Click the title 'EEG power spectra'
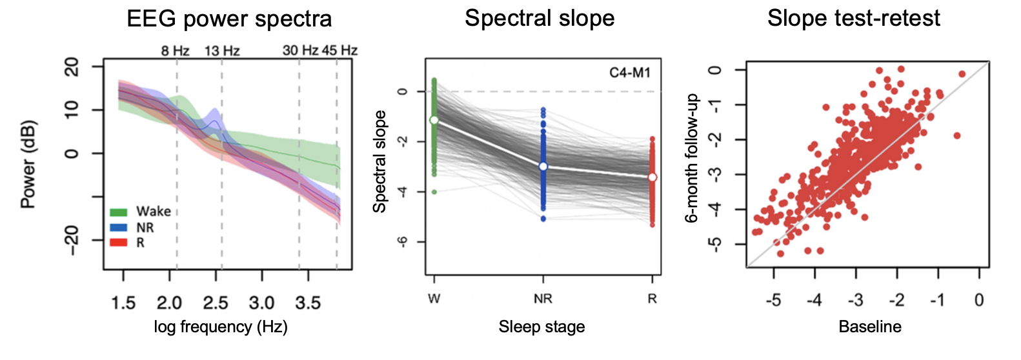pos(229,19)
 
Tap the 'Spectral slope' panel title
pos(540,18)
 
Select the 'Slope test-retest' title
pos(853,18)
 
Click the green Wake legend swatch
pos(119,212)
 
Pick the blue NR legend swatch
pos(119,227)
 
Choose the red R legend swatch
pos(119,243)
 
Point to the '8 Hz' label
pos(175,51)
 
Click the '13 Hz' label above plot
pos(222,51)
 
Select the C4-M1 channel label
pos(630,73)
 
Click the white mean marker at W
pos(434,121)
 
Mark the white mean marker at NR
pos(543,166)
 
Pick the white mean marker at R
pos(652,177)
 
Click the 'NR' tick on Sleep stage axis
pos(543,299)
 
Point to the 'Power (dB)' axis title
pos(28,165)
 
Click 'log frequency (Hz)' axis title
pos(221,327)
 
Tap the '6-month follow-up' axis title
pos(692,158)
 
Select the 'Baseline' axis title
pos(869,327)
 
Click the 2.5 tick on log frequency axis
pos(216,303)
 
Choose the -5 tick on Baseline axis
pos(773,300)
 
